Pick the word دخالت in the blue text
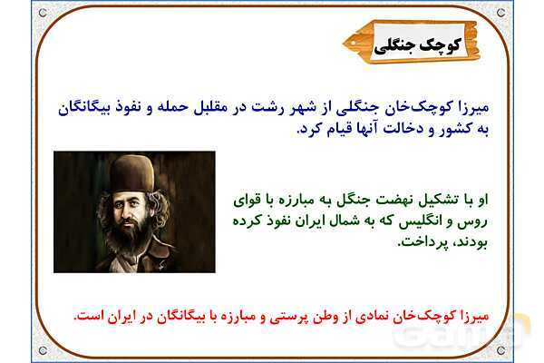(403, 130)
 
